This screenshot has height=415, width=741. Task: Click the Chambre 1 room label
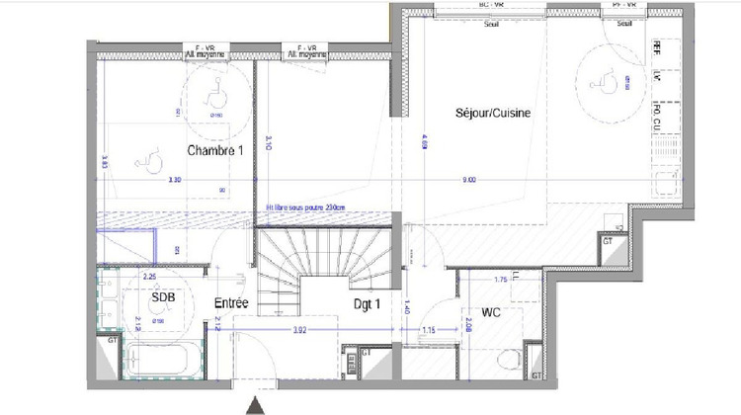(214, 150)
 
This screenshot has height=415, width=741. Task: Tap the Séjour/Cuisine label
(493, 114)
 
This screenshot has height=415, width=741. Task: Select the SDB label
(164, 297)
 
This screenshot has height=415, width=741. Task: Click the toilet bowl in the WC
(511, 359)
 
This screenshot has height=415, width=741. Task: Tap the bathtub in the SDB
(162, 361)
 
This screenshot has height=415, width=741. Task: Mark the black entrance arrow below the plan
(256, 403)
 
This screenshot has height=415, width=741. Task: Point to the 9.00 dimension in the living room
(468, 180)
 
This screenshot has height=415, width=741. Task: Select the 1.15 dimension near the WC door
(429, 328)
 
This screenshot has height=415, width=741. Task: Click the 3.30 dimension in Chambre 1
(175, 180)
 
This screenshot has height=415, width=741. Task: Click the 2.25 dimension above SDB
(151, 278)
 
